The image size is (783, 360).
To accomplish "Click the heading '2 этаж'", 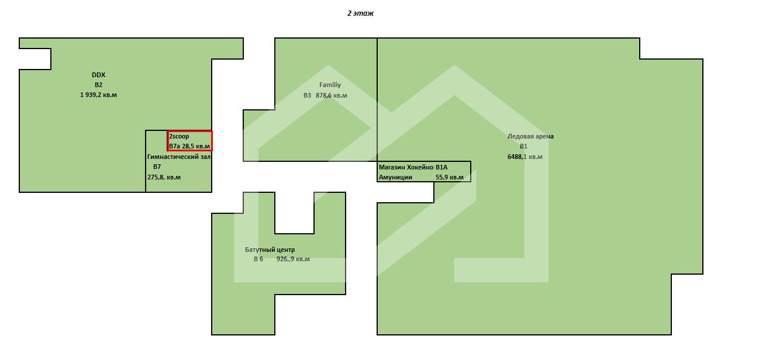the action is click(360, 13).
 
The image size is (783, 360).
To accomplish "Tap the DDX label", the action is click(99, 75).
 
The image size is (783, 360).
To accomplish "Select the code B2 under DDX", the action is click(99, 85).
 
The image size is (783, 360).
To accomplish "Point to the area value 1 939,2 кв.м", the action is click(99, 95).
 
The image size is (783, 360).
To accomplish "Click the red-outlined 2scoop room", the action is click(190, 141).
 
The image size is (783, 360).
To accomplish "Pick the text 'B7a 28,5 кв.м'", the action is click(189, 146).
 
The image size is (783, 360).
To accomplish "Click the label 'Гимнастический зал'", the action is click(179, 157).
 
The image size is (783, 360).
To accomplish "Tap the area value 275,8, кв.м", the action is click(164, 177).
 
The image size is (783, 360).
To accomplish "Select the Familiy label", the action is click(330, 85).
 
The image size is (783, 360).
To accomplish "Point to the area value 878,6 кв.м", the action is click(332, 95).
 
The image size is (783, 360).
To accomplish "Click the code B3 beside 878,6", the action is click(307, 95).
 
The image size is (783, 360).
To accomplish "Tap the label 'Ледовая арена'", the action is click(530, 136).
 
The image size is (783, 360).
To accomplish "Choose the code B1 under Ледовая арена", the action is click(523, 146).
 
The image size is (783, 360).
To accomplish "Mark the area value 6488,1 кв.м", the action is click(525, 157).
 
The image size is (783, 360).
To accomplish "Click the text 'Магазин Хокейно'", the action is click(406, 167).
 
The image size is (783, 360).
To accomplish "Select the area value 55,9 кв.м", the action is click(450, 177).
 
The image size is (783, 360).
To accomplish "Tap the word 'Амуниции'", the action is click(395, 177).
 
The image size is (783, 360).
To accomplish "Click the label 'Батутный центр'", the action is click(270, 250).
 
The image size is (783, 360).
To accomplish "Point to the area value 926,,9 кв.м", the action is click(293, 259).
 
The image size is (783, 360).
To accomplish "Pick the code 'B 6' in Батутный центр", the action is click(258, 259).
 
